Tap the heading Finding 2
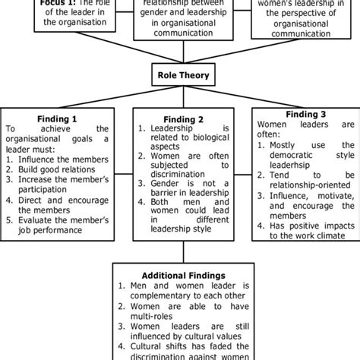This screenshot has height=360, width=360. [x=181, y=118]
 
